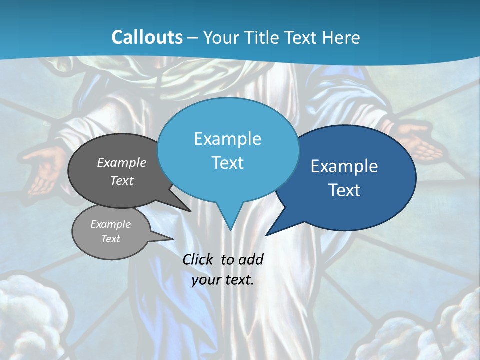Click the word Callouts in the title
[x=147, y=37]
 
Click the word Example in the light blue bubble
[x=227, y=139]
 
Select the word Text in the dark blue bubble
[x=344, y=190]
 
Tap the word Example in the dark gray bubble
[x=121, y=163]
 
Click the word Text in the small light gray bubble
[x=110, y=239]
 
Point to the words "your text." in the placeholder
[x=223, y=280]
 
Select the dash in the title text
[x=193, y=37]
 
